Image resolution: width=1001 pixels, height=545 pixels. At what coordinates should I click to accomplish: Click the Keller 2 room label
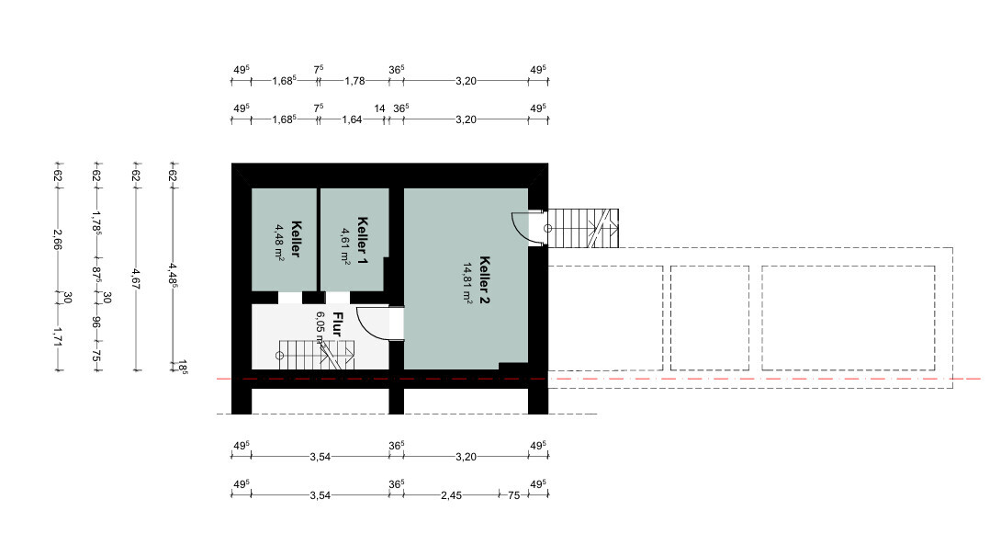pyautogui.click(x=485, y=279)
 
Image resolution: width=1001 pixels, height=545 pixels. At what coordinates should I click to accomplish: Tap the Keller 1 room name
pyautogui.click(x=363, y=241)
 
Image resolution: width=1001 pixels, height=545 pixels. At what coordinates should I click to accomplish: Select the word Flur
pyautogui.click(x=337, y=324)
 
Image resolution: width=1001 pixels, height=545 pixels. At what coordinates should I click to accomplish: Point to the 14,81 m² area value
pyautogui.click(x=468, y=282)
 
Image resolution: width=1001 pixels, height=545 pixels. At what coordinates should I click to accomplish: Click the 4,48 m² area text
pyautogui.click(x=279, y=242)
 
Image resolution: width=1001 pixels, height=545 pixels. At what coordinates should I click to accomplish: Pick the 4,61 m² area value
pyautogui.click(x=345, y=246)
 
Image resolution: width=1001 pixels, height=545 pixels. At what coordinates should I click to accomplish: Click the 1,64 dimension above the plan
pyautogui.click(x=352, y=119)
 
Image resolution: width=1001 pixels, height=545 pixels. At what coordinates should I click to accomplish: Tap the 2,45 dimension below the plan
pyautogui.click(x=451, y=495)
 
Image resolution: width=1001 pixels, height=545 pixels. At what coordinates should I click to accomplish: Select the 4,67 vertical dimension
pyautogui.click(x=135, y=279)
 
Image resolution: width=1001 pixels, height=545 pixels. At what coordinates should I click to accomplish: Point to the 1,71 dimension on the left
pyautogui.click(x=58, y=336)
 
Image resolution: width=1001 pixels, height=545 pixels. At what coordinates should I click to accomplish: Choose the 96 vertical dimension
pyautogui.click(x=96, y=323)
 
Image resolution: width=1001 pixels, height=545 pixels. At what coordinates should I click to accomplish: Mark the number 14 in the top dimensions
pyautogui.click(x=380, y=108)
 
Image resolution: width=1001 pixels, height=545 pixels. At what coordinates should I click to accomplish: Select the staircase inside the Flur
pyautogui.click(x=315, y=356)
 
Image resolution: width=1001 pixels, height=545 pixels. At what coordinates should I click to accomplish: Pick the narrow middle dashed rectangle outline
pyautogui.click(x=709, y=318)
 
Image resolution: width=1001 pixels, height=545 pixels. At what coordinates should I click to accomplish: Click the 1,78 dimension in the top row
pyautogui.click(x=355, y=81)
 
